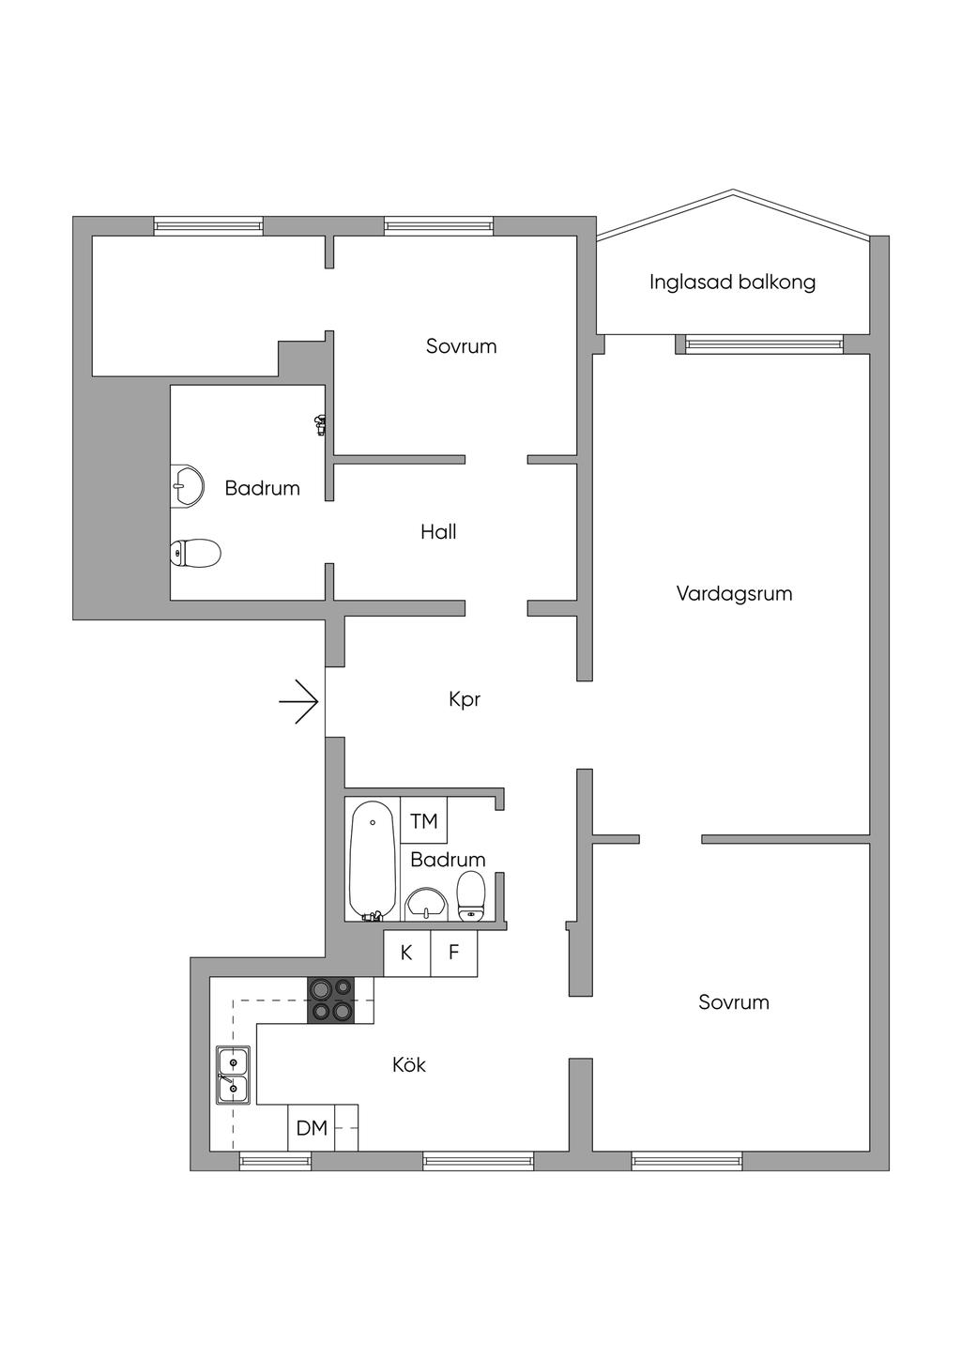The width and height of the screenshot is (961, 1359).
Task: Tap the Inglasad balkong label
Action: pos(732,282)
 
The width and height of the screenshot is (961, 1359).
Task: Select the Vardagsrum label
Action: pos(734,593)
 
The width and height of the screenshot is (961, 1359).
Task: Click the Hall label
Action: pos(438,532)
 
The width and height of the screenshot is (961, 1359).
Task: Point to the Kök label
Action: pos(409,1064)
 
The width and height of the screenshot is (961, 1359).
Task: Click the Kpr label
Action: pos(465,699)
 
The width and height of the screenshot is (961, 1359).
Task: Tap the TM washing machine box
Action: pos(424,821)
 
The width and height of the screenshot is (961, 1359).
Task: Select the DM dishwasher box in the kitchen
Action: pos(312,1127)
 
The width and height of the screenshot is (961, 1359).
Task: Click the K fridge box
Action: pos(407,953)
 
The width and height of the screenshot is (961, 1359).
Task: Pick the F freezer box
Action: pos(454,953)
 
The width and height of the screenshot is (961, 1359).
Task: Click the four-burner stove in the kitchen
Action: pos(331,1000)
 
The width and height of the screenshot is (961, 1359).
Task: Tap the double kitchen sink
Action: pos(233,1074)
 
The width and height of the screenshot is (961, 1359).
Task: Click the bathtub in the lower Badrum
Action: pos(373,858)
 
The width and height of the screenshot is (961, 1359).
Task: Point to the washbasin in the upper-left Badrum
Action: pos(188,485)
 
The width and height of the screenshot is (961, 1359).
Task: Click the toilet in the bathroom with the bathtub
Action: pos(471,895)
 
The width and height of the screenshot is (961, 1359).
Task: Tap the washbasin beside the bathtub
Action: pos(428,904)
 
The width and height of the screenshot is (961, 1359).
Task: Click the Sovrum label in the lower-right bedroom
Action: pos(734,1002)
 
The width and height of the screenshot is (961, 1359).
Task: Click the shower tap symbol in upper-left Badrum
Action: pos(321,424)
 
